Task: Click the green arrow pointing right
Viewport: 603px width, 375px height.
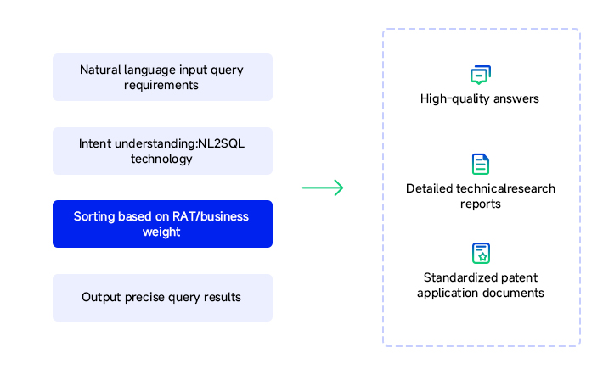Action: (323, 187)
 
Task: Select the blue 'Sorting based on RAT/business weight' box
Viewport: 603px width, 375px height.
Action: (163, 224)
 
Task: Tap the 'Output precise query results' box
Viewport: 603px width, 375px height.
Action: (163, 298)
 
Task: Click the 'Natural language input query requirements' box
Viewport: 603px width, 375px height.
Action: (163, 77)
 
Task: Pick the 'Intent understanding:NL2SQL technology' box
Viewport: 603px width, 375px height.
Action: (163, 151)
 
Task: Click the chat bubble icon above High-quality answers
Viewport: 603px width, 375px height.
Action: (481, 75)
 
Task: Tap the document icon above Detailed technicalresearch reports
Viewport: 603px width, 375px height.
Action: (481, 164)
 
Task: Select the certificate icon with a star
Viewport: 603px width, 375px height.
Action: (481, 253)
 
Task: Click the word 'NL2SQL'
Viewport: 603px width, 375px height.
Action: (221, 143)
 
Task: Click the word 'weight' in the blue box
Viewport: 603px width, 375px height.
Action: (161, 232)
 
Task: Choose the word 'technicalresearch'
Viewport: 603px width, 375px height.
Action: (505, 188)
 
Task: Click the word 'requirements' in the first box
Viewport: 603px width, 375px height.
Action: (161, 86)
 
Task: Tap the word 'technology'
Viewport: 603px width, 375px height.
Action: (161, 159)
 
